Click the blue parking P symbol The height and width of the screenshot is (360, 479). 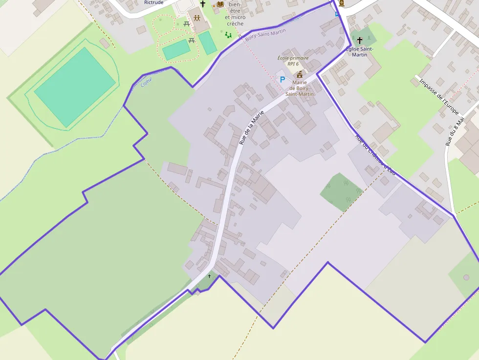[x=282, y=79]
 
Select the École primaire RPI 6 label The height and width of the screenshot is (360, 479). [x=293, y=61]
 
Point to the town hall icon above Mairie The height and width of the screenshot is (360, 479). [x=300, y=74]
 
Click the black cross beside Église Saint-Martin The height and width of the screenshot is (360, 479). [x=360, y=40]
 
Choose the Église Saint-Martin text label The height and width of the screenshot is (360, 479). [x=360, y=51]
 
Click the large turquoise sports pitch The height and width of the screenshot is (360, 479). [x=74, y=86]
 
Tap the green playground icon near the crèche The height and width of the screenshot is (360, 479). [x=228, y=35]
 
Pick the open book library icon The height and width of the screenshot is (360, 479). [x=220, y=4]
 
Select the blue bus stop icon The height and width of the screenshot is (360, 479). [x=336, y=14]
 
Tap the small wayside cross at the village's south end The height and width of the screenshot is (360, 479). [x=210, y=276]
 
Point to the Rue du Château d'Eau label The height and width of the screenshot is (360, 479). [x=375, y=154]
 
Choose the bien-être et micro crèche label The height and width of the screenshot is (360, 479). [x=235, y=14]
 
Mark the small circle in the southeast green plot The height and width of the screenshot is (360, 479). [x=466, y=277]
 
